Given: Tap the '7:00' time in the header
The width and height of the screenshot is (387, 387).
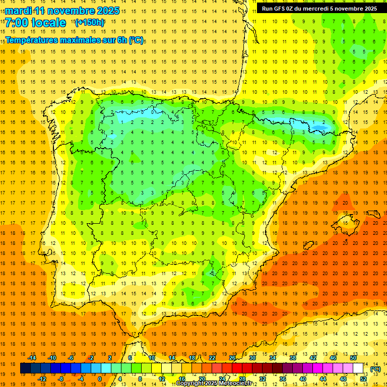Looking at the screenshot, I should pos(16,23).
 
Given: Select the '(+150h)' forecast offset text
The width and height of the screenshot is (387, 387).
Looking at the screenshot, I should pos(89,22).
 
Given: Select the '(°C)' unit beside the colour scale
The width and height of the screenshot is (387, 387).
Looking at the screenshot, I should pos(375,369).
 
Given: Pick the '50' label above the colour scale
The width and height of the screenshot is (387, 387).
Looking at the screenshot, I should pos(353,358).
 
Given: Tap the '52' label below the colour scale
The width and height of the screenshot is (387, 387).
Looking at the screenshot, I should pos(363,379).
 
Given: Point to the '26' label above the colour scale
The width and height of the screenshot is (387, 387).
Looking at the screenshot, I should pos(232,358).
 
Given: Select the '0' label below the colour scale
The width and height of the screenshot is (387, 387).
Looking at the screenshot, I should pos(100,379).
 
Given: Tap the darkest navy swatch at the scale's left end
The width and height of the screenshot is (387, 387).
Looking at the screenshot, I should pos(25,368).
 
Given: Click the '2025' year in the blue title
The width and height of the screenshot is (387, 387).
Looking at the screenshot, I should pos(107,11).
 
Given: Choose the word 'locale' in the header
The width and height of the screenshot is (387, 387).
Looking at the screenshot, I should pos(48,23).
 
